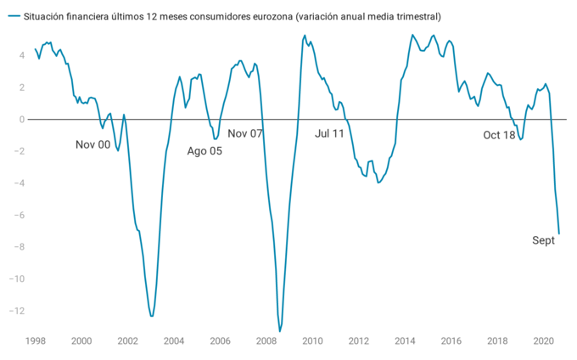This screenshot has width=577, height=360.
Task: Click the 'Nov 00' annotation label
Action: [x=92, y=144]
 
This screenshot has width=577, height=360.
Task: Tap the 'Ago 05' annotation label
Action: [x=204, y=151]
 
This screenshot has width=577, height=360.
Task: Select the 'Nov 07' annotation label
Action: [x=245, y=134]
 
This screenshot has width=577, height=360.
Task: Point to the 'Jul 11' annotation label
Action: [x=329, y=134]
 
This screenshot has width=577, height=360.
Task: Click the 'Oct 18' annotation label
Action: [x=499, y=135]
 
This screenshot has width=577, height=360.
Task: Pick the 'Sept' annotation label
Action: [x=543, y=240]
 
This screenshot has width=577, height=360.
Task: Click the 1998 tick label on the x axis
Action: [x=35, y=341]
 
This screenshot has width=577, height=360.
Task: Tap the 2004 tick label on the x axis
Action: [x=173, y=341]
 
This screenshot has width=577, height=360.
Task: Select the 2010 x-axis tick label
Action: [x=312, y=341]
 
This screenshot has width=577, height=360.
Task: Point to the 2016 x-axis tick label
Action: [x=451, y=341]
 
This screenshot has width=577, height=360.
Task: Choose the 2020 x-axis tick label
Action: [x=543, y=341]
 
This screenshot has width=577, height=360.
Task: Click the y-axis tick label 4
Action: [x=21, y=55]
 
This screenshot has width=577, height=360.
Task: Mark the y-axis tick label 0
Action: [x=21, y=119]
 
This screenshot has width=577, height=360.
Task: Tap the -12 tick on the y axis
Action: [x=16, y=311]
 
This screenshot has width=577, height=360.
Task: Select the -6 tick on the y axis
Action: [x=19, y=215]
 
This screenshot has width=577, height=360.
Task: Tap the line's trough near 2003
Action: [x=151, y=317]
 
